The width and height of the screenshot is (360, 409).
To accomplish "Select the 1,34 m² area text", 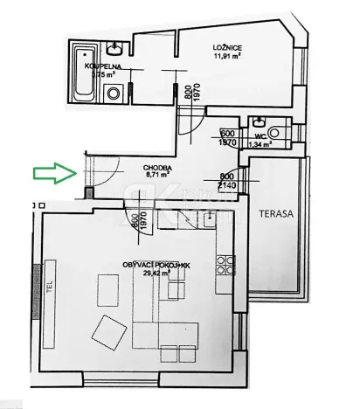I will point(259,145).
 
